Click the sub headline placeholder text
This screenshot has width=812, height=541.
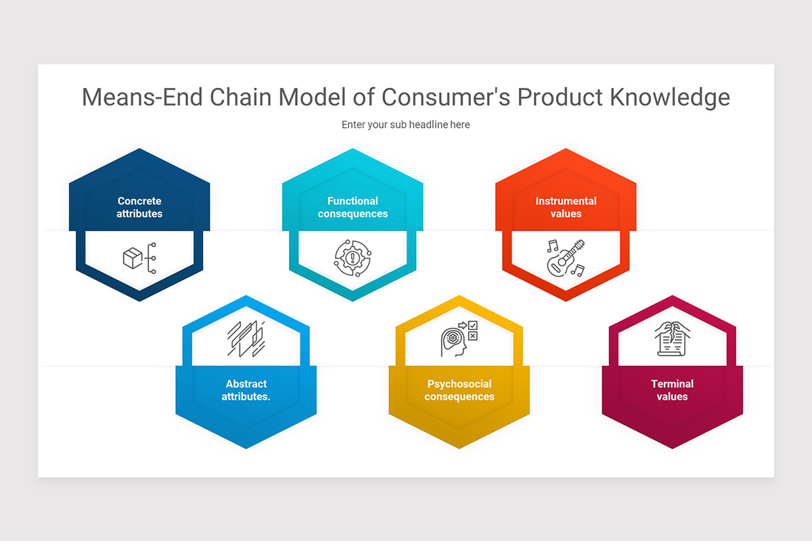[x=405, y=124]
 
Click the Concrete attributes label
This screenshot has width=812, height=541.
[x=139, y=207]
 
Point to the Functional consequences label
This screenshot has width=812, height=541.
[x=353, y=207]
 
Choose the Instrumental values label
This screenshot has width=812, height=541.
[x=566, y=207]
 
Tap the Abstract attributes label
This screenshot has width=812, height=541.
[x=246, y=390]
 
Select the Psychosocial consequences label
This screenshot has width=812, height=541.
[x=459, y=390]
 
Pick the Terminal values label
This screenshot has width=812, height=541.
[x=672, y=390]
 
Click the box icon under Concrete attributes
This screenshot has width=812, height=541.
[x=133, y=258]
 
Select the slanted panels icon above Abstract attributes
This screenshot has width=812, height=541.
[x=246, y=339]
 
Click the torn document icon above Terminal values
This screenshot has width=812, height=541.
[x=672, y=338]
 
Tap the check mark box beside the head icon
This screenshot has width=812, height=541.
[x=473, y=325]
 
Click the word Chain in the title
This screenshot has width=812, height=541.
[x=242, y=97]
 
